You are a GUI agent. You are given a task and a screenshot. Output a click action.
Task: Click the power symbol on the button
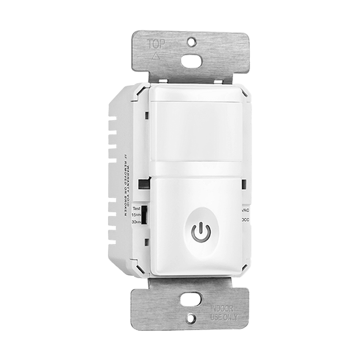pyautogui.click(x=201, y=232)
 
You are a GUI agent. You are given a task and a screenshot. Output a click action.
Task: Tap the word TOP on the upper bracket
pyautogui.click(x=157, y=44)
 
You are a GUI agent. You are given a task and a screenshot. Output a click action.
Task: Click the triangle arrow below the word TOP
pyautogui.click(x=157, y=56)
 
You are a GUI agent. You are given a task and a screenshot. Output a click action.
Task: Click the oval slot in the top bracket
pyautogui.click(x=191, y=61)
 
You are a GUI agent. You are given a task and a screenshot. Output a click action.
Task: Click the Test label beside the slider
pyautogui.click(x=136, y=209)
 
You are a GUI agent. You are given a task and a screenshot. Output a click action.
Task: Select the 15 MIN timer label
pyautogui.click(x=136, y=216)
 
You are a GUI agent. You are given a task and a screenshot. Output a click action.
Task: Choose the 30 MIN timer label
pyautogui.click(x=136, y=222)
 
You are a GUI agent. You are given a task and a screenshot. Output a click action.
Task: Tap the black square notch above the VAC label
pyautogui.click(x=244, y=184)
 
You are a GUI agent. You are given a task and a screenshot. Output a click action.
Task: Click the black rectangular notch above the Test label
pyautogui.click(x=144, y=183)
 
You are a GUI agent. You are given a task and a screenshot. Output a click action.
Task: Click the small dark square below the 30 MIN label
pyautogui.click(x=147, y=242)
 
